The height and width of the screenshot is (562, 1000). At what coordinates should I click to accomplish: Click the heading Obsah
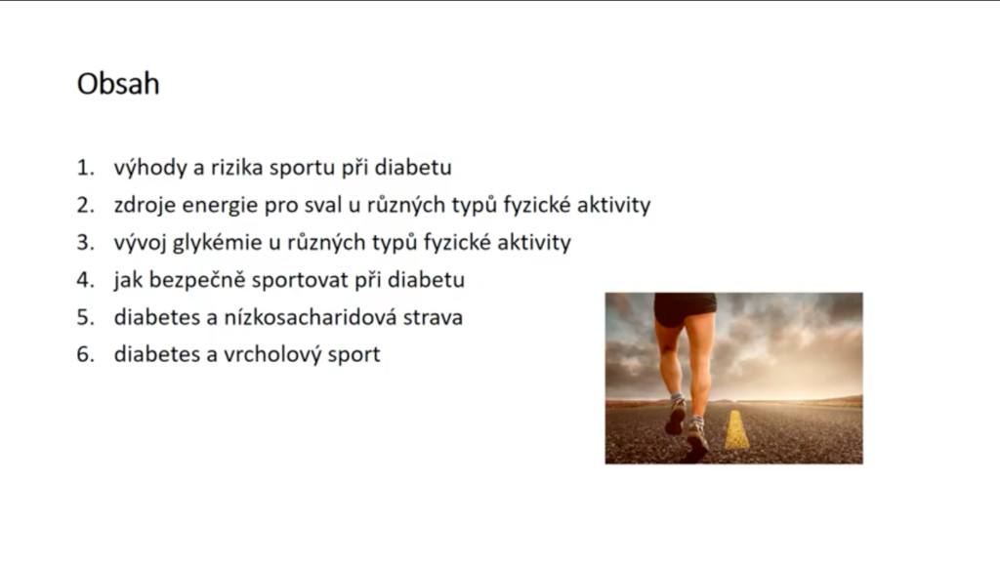(x=118, y=84)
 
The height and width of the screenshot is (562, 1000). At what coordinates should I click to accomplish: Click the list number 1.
(x=86, y=168)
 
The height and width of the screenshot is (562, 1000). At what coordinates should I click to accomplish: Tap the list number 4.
(x=86, y=280)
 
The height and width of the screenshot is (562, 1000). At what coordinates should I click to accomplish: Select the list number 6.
(x=86, y=354)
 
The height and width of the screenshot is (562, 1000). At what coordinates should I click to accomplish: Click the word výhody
(x=149, y=168)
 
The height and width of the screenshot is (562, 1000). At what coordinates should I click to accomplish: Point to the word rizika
(x=236, y=167)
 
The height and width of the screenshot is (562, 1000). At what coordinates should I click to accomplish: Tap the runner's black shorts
(x=685, y=307)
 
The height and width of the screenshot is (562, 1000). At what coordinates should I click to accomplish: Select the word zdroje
(x=145, y=206)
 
